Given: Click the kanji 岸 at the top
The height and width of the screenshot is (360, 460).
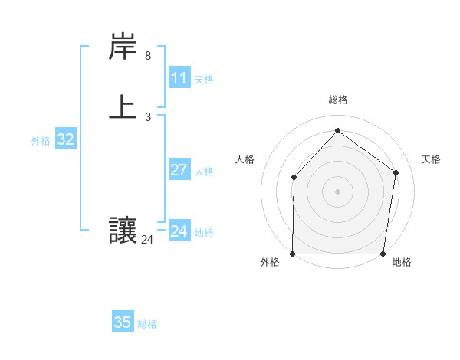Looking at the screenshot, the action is tap(123, 47).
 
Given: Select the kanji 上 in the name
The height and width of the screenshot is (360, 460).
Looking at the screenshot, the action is tap(123, 107).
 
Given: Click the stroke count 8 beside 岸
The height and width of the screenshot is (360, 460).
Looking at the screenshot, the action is tap(148, 56).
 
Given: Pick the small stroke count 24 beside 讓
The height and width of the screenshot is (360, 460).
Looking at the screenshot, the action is tap(147, 240).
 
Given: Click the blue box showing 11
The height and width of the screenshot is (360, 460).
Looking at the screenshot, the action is tap(179, 78).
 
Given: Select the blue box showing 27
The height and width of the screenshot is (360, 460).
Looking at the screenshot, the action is tap(179, 170).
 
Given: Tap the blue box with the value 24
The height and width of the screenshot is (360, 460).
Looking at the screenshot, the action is tap(179, 231).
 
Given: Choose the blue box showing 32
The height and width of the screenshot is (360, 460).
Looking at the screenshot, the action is tap(66, 139).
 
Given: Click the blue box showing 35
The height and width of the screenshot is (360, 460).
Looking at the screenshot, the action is tap(123, 322).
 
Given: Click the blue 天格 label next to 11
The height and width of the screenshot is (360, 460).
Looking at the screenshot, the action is tap(204, 80).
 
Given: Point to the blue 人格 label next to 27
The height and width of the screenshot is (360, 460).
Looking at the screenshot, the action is tap(204, 172).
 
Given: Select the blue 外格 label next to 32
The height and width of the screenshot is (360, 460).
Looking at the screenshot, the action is tap(41, 141).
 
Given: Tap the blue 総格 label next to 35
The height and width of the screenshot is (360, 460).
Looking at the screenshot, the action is tap(147, 324).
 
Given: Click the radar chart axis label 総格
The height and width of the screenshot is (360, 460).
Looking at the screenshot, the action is tap(337, 100).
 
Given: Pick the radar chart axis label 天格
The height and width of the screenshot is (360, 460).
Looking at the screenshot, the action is tap(432, 159).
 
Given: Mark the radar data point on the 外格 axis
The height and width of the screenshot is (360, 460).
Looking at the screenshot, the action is tap(293, 254).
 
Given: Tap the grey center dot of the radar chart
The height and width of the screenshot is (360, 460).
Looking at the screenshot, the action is tap(337, 191).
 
